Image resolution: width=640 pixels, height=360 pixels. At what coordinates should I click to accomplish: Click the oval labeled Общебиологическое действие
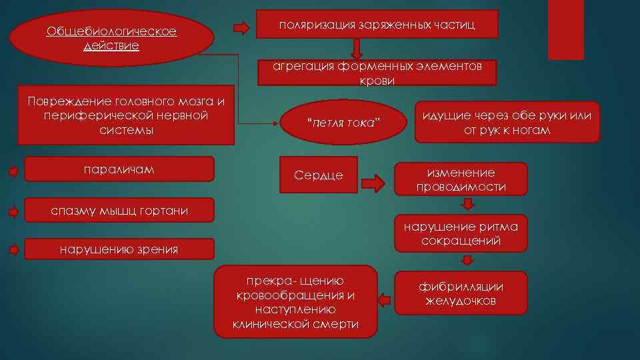point(111,38)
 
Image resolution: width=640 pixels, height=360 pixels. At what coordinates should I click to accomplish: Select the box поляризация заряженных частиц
point(377,24)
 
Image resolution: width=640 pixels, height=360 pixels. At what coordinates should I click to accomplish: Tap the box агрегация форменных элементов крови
point(377,73)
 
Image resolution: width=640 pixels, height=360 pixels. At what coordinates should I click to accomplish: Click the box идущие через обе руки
point(507,123)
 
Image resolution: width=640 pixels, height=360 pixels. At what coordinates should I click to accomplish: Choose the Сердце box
point(319,175)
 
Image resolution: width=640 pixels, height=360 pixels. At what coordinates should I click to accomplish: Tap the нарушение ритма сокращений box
point(461,234)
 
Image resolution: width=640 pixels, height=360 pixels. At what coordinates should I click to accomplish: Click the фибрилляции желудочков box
point(461,293)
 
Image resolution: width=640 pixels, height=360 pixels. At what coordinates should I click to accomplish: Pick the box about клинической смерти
point(296,302)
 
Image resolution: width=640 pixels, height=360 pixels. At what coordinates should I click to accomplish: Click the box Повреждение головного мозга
point(126,115)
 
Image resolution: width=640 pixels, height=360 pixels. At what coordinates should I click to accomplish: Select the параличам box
point(119,169)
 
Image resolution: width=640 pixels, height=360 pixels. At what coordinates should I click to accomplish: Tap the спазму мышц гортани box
point(119,211)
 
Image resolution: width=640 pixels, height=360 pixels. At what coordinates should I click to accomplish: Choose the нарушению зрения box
point(119,250)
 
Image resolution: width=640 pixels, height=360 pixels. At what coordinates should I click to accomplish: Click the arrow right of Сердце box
point(376,182)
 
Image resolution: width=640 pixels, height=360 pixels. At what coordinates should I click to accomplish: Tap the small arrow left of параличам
point(13,171)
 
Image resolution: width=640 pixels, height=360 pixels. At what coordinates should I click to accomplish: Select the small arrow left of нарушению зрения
point(13,250)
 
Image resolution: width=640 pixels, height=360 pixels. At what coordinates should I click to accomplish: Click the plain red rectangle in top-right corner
point(565,29)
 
